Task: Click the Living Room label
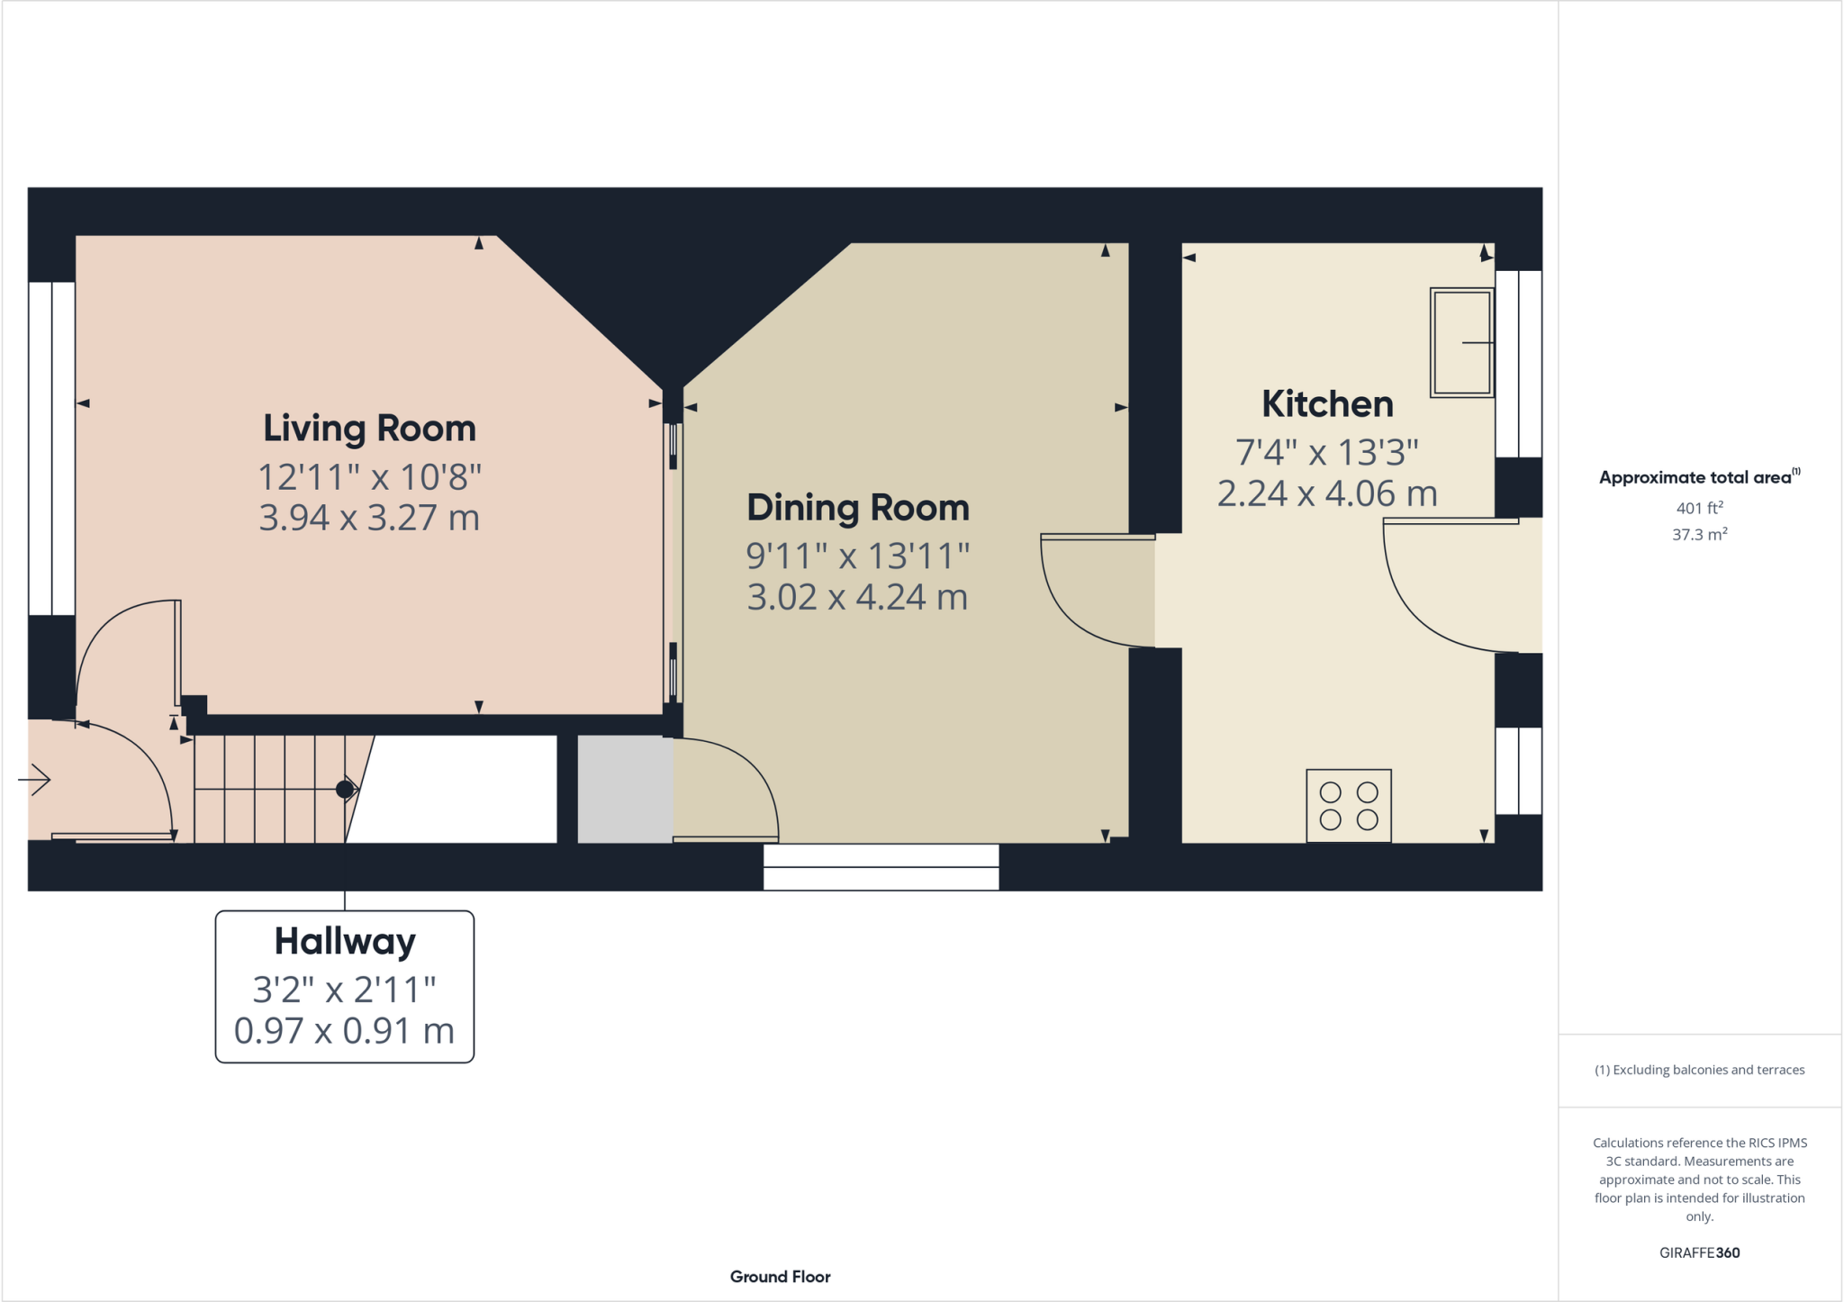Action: point(369,429)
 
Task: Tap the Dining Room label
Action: point(857,508)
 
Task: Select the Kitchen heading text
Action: point(1327,404)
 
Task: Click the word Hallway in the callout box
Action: point(345,942)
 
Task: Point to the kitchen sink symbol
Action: point(1461,342)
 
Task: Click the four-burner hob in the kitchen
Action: point(1348,805)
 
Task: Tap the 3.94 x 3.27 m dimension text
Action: point(369,518)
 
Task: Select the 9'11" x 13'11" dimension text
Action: point(857,556)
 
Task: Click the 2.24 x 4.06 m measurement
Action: point(1327,493)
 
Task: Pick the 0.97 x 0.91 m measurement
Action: point(345,1031)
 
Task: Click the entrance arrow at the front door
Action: point(34,779)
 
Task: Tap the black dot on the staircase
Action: point(344,790)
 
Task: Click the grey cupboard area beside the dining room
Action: point(624,789)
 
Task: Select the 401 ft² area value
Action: point(1699,508)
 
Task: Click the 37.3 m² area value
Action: point(1699,534)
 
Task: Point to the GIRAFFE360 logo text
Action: point(1699,1252)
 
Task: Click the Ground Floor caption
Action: point(780,1277)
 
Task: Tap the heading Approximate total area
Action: point(1695,478)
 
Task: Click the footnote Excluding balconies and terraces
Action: point(1699,1070)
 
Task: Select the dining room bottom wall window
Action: point(881,867)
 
